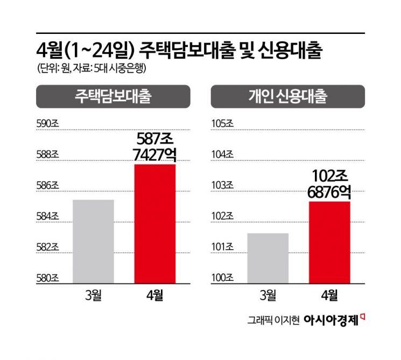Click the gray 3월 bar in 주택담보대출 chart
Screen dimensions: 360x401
pos(93,241)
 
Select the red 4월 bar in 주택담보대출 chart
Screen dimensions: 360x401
pos(154,223)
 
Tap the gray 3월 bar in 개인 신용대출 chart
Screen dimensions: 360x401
pos(268,257)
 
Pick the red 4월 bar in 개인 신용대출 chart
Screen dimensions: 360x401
pos(329,241)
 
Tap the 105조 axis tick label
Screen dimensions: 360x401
pos(222,124)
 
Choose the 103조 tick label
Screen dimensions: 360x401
pos(222,186)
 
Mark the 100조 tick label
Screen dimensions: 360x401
pos(222,279)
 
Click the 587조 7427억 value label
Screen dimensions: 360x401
pos(154,147)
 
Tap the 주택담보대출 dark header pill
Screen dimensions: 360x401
pos(113,97)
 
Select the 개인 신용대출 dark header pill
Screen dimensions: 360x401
pos(287,97)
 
